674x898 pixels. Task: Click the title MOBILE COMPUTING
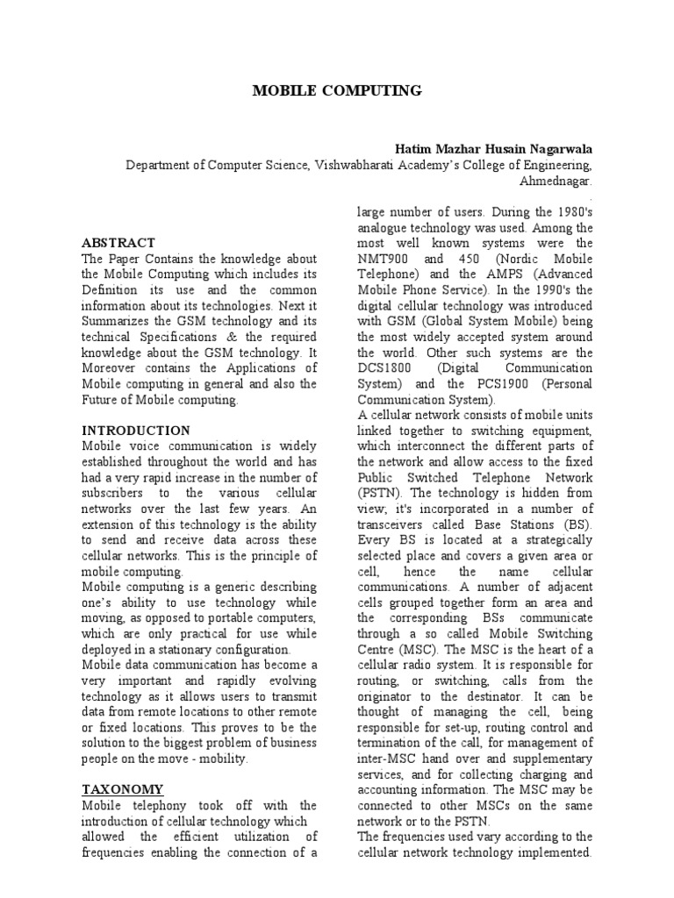[x=337, y=90]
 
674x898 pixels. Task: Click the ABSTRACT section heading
[x=118, y=242]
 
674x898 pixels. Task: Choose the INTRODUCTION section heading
[x=136, y=431]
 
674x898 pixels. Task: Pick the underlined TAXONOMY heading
[x=122, y=788]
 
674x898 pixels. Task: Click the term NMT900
[x=384, y=260]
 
